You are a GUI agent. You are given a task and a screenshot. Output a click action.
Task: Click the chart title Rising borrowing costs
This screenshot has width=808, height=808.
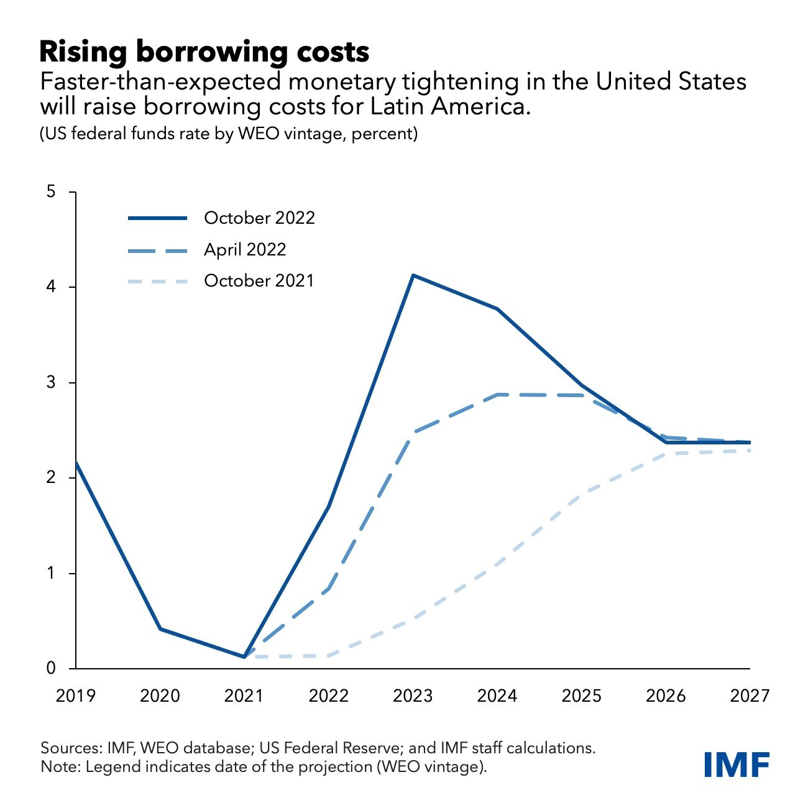(x=204, y=52)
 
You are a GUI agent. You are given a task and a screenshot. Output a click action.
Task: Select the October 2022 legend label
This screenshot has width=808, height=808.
(x=259, y=218)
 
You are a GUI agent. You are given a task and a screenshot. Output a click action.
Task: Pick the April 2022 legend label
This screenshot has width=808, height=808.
(x=245, y=250)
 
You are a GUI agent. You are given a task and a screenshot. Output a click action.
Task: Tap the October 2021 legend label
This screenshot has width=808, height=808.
(x=259, y=281)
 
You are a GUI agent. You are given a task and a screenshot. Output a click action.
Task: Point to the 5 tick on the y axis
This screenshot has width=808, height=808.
(x=52, y=192)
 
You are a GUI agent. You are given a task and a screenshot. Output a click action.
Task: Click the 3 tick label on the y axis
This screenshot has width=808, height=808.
(x=52, y=383)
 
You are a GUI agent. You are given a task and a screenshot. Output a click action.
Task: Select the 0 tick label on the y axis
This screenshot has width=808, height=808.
(x=52, y=669)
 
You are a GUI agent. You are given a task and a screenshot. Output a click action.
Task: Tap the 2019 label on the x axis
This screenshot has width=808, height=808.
(x=76, y=696)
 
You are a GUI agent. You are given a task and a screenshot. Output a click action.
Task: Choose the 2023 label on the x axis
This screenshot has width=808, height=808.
(x=413, y=696)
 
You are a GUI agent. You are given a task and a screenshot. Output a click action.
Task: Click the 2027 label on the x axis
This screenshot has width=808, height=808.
(x=750, y=696)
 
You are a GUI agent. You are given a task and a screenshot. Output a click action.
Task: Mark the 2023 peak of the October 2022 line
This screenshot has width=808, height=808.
(x=413, y=275)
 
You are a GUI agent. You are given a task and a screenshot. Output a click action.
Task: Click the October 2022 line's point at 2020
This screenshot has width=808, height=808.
(x=160, y=629)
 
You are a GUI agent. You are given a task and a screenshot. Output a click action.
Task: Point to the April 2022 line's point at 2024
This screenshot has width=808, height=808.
(x=497, y=394)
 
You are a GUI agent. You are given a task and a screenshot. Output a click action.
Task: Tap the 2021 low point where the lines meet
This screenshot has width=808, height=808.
(x=244, y=657)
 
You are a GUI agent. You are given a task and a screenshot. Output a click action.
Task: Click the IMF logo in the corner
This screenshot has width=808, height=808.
(x=737, y=764)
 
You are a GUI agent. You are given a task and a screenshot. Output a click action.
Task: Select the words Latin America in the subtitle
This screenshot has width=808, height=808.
(x=466, y=107)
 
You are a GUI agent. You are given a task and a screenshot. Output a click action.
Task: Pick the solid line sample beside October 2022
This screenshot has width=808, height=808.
(x=157, y=218)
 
